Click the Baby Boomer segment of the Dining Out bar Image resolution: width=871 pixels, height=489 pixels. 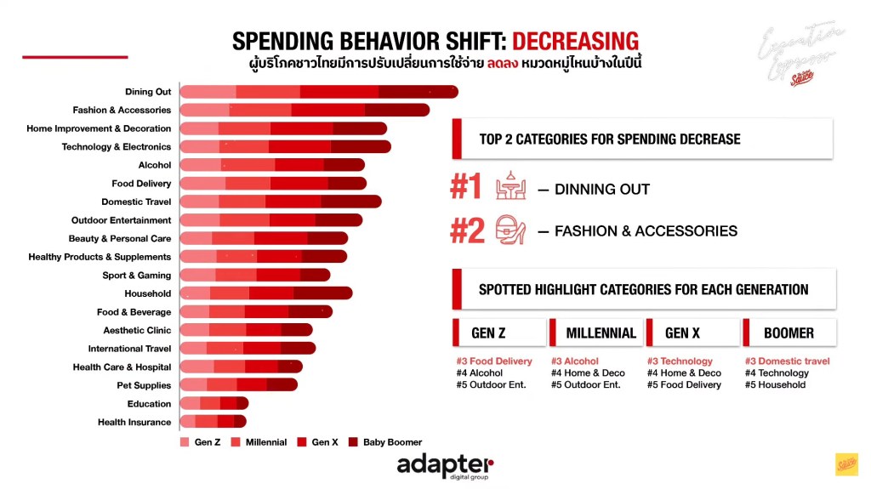pos(418,92)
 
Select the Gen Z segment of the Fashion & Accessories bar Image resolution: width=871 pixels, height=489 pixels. pos(205,111)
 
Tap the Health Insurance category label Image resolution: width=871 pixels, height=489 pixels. pos(134,423)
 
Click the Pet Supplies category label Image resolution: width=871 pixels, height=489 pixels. pos(144,386)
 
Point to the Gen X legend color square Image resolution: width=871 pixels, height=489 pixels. pos(302,442)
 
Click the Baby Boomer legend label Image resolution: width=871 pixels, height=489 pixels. pos(392,442)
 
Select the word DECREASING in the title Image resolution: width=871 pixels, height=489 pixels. pos(575,41)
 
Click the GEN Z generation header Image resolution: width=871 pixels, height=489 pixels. pos(495,333)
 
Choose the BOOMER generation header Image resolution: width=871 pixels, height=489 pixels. pos(788,333)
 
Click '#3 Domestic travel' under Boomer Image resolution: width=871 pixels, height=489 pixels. pos(787,361)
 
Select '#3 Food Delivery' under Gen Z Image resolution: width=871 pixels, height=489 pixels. pos(494,361)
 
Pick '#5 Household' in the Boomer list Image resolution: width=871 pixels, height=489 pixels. pos(775,385)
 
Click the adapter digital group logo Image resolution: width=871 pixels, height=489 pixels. pos(444,467)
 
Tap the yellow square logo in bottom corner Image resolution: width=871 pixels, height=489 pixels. pos(845,464)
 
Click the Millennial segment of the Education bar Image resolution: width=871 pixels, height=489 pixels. pos(210,404)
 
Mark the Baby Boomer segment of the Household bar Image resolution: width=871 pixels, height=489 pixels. pos(322,294)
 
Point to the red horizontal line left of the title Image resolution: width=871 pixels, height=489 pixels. pos(75,57)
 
